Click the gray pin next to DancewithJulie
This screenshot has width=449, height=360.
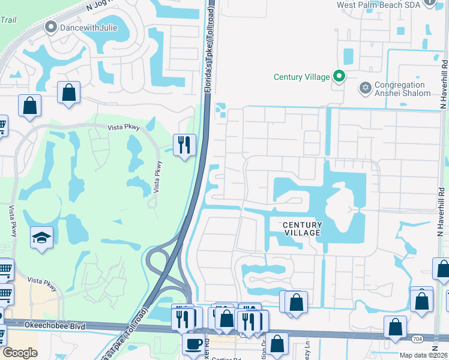point(51,27)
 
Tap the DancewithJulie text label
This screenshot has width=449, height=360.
point(85,27)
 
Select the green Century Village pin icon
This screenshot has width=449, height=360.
point(339,76)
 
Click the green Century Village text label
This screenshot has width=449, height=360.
point(301,77)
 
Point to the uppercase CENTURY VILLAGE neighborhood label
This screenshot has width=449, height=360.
point(303,229)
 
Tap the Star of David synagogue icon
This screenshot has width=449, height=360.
point(364,88)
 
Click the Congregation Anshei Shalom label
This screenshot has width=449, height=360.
point(402,89)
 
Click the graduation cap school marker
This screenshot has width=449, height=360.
point(42,238)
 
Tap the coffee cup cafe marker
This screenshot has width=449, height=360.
point(193,344)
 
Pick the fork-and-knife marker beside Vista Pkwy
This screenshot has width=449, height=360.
point(184,144)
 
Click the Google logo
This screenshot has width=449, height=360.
point(20,353)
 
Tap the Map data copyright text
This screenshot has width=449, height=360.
point(423,355)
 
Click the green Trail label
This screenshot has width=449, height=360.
point(8,20)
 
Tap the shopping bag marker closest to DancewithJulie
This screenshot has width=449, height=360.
point(69,93)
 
